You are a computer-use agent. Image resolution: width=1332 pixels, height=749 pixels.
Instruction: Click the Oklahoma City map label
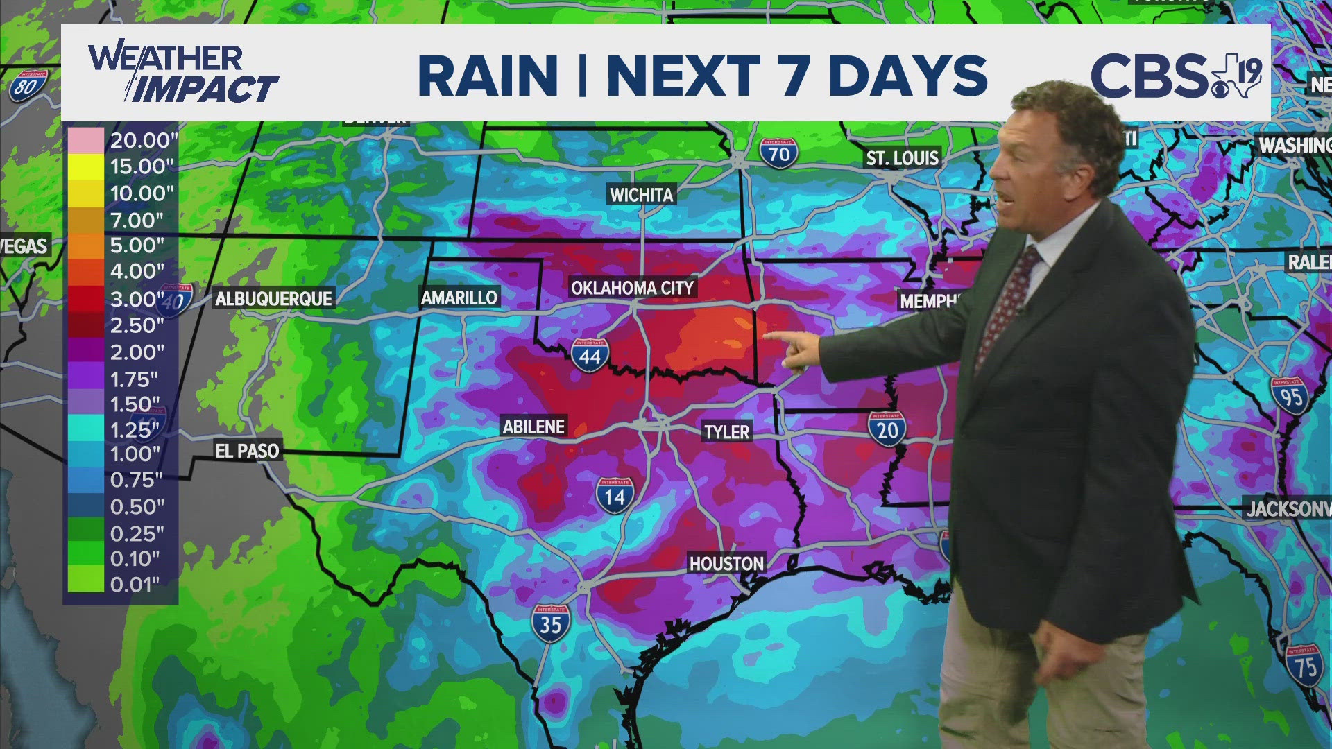[632, 287]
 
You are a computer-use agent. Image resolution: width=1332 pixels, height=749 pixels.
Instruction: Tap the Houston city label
[726, 563]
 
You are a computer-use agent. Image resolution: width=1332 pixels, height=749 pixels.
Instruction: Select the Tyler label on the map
[726, 431]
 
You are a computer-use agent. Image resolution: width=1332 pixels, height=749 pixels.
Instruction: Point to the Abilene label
[533, 426]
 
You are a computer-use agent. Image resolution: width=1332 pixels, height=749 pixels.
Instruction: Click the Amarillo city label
[459, 298]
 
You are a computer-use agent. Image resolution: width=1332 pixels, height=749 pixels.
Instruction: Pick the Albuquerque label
[274, 298]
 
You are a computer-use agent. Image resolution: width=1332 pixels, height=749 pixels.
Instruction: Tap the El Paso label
[247, 451]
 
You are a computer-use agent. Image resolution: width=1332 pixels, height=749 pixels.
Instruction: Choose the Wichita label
[641, 195]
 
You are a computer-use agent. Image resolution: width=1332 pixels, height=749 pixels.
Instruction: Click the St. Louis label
[902, 158]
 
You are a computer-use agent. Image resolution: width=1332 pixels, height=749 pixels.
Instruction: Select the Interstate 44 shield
[590, 355]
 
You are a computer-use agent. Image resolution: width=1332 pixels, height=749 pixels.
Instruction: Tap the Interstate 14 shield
[615, 495]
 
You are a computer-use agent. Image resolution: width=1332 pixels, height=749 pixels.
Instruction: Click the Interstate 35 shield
[551, 623]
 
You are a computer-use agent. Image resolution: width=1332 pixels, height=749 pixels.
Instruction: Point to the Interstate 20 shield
[887, 429]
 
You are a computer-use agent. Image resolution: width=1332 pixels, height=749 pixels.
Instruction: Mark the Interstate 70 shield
[778, 153]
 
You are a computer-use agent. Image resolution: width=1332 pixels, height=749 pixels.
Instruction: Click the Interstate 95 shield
[1290, 395]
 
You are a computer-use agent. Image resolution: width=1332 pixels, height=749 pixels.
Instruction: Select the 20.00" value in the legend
[144, 140]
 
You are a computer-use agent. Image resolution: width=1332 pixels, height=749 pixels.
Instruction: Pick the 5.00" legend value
[137, 246]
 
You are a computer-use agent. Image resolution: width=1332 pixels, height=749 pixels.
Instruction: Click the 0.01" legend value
[135, 585]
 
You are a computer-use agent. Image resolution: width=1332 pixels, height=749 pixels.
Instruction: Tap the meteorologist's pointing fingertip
[767, 336]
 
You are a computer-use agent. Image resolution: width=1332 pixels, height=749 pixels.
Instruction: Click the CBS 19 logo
[1175, 75]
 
